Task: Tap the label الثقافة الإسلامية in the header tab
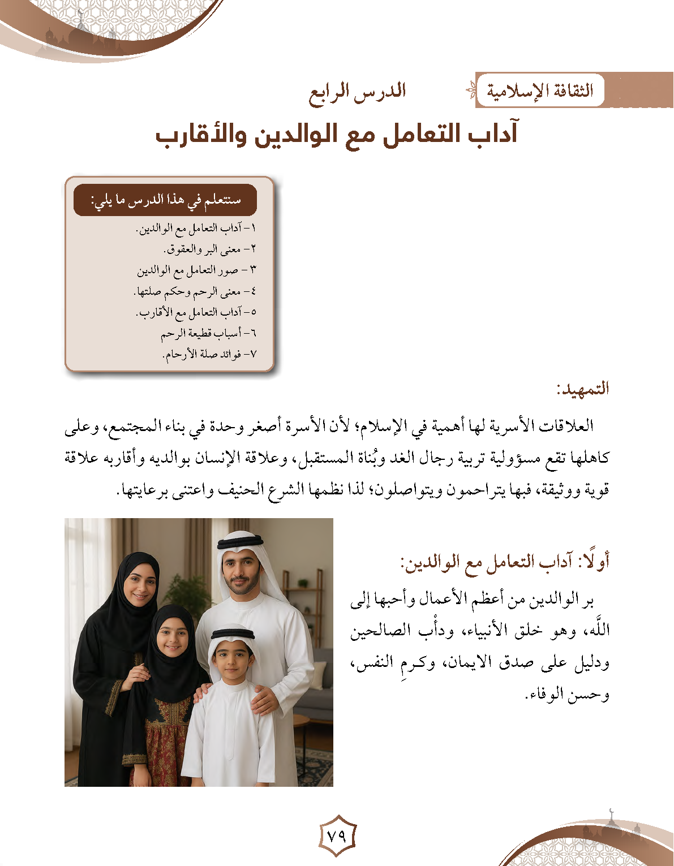pyautogui.click(x=540, y=91)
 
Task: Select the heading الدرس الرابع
pyautogui.click(x=358, y=92)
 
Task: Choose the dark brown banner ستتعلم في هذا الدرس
pyautogui.click(x=166, y=200)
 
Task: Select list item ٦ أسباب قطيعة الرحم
pyautogui.click(x=209, y=333)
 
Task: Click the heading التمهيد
pyautogui.click(x=582, y=389)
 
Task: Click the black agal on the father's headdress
pyautogui.click(x=240, y=542)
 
